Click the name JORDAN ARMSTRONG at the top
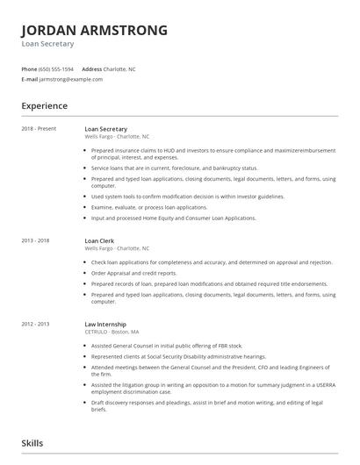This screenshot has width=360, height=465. [94, 30]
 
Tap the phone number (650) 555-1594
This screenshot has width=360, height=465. [57, 68]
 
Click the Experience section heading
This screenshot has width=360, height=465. [45, 106]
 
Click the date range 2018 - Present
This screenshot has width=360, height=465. [39, 129]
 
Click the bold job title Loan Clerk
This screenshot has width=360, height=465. [101, 240]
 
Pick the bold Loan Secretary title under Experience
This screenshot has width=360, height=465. [106, 129]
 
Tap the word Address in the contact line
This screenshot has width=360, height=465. [91, 68]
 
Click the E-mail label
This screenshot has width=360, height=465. [30, 79]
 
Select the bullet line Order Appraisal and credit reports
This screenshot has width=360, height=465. [133, 273]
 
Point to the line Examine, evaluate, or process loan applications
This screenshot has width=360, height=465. [149, 207]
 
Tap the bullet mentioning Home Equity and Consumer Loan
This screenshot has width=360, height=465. [174, 218]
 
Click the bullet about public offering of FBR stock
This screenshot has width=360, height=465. [166, 346]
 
